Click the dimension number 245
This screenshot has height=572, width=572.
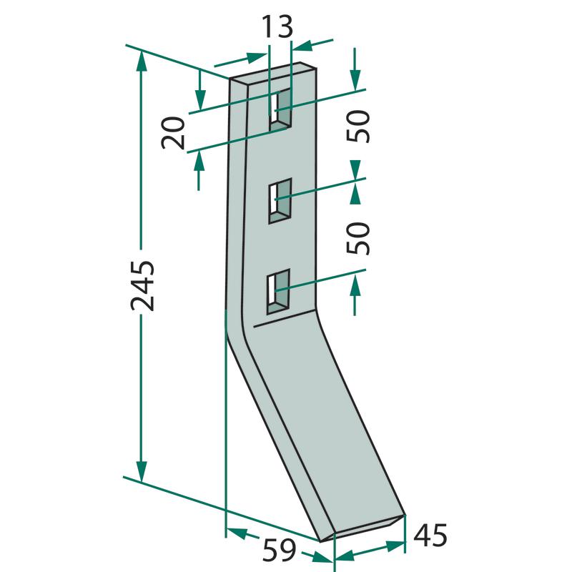pyautogui.click(x=142, y=285)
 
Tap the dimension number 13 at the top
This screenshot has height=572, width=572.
pyautogui.click(x=277, y=26)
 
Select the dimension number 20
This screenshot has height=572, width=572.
pyautogui.click(x=173, y=133)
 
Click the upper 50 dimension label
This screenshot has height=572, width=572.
pyautogui.click(x=359, y=126)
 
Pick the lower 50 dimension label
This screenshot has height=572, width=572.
pyautogui.click(x=359, y=238)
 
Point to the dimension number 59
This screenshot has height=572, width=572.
pyautogui.click(x=279, y=551)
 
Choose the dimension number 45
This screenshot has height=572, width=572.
pyautogui.click(x=430, y=535)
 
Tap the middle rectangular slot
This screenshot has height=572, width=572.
pyautogui.click(x=280, y=201)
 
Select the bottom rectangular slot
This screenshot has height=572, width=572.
pyautogui.click(x=279, y=292)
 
